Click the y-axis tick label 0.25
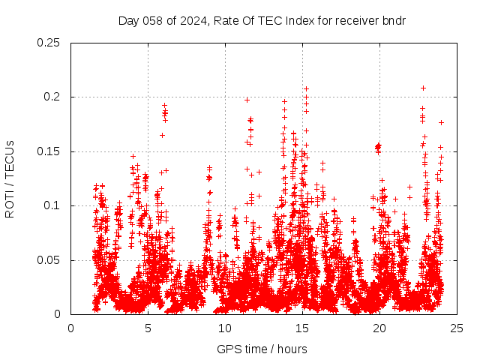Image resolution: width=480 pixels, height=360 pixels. coord(49,43)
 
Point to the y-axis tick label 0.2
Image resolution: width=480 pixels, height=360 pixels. coord(52,97)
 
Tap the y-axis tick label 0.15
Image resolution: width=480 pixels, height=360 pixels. coord(49,151)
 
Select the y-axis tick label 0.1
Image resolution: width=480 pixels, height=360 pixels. coord(52,205)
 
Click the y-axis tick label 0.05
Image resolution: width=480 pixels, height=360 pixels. coord(49,260)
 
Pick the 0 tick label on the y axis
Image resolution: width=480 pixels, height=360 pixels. coord(58,314)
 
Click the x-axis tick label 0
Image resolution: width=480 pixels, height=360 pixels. coord(71,328)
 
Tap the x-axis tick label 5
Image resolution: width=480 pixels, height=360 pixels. coord(148,328)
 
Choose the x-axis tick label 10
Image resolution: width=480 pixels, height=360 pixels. coord(226,328)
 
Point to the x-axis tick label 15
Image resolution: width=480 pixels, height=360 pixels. coord(303,328)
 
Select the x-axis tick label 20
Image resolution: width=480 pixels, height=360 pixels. coord(380,328)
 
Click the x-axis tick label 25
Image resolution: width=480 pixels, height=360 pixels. coord(457,328)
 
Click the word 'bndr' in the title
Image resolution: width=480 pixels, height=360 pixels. coord(394,20)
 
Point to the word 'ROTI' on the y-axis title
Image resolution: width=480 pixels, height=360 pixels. coord(10,203)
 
